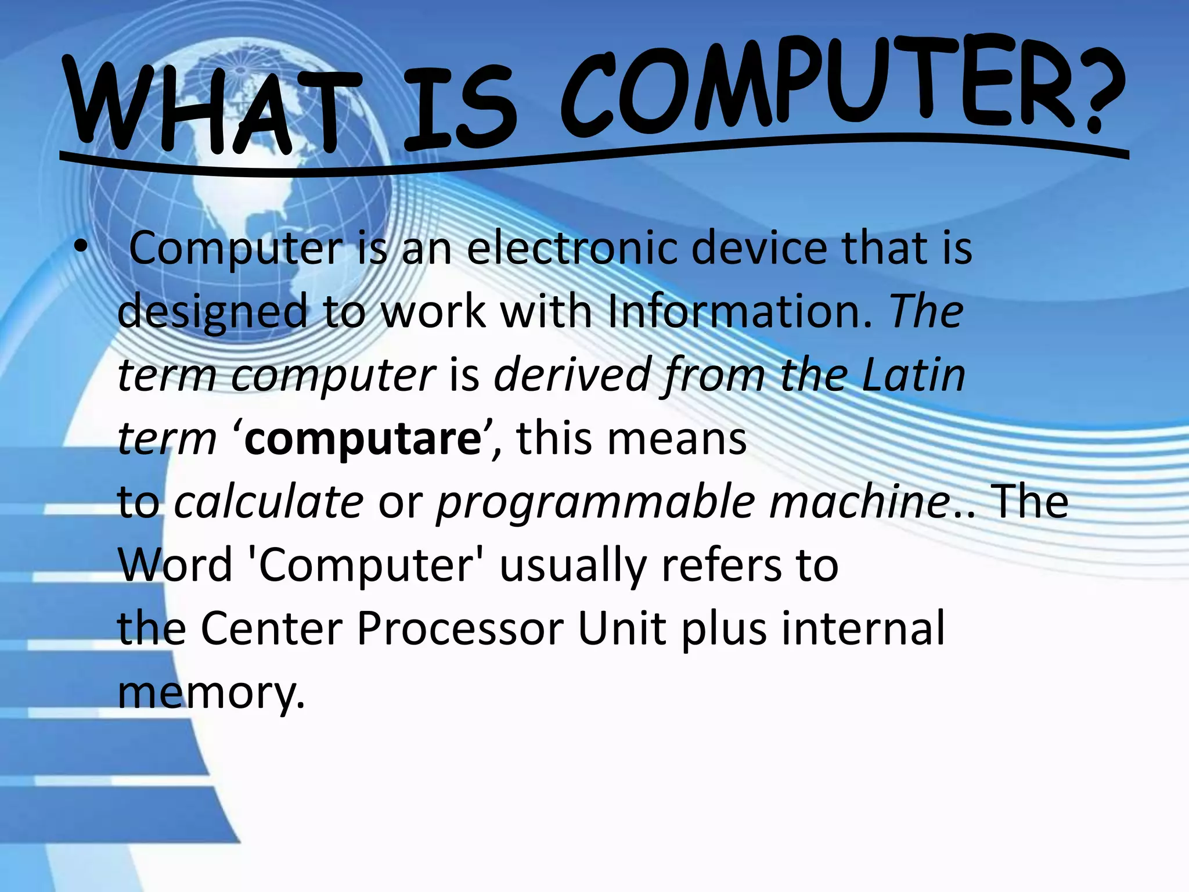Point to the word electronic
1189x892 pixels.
coord(571,249)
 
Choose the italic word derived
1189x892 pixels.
coord(571,375)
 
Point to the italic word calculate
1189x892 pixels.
coord(269,502)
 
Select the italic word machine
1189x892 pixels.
coord(859,502)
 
